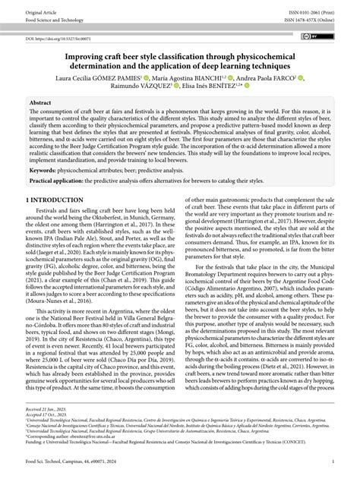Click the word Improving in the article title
[85, 55]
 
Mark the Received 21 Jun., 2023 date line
[47, 427]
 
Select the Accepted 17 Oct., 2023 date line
[47, 433]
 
